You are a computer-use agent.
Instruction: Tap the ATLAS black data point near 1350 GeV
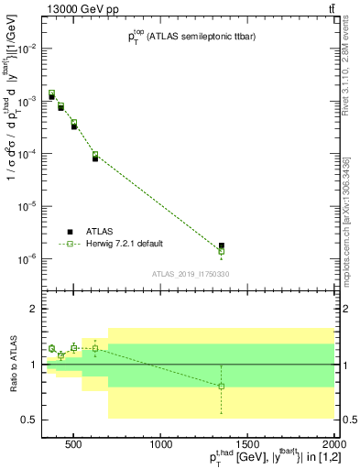(222, 245)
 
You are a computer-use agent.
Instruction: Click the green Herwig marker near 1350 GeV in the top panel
(222, 251)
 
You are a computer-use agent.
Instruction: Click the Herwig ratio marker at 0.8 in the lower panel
(222, 386)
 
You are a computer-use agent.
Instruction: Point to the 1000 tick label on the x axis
(162, 445)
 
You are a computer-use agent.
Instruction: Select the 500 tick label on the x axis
(72, 445)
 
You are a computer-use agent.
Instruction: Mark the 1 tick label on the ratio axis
(34, 365)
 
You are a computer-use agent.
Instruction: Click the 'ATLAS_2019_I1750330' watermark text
(191, 275)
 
